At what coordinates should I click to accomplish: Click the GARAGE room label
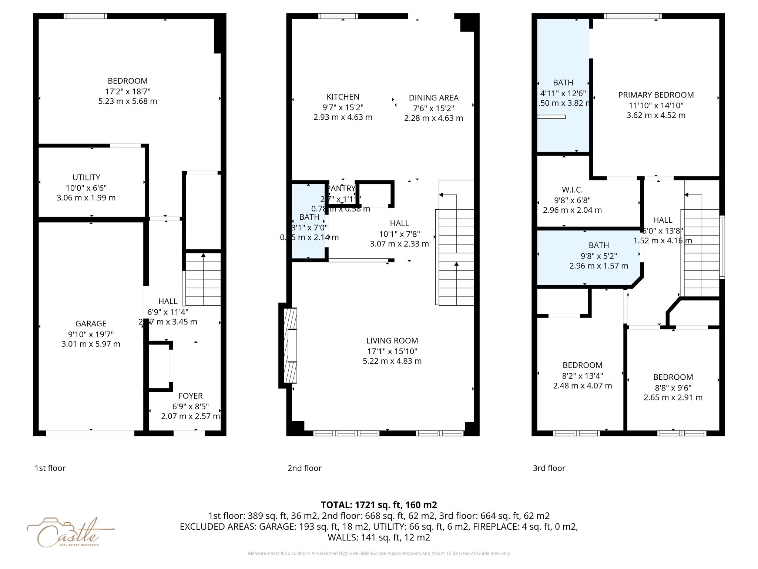pyautogui.click(x=91, y=323)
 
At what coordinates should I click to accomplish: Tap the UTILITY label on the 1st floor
pyautogui.click(x=86, y=177)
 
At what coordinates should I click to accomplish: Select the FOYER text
pyautogui.click(x=190, y=396)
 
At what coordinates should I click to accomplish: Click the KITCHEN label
pyautogui.click(x=343, y=97)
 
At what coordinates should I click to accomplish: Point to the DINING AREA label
pyautogui.click(x=433, y=98)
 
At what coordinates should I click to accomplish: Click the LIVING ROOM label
pyautogui.click(x=392, y=341)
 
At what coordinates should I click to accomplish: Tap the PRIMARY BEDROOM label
pyautogui.click(x=656, y=95)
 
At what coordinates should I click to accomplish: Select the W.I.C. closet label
pyautogui.click(x=572, y=190)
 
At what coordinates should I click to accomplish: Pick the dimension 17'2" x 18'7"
pyautogui.click(x=127, y=91)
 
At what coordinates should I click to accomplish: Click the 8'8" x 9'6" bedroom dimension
pyautogui.click(x=673, y=387)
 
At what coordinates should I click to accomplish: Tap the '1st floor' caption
pyautogui.click(x=50, y=468)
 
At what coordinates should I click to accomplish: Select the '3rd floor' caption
pyautogui.click(x=549, y=468)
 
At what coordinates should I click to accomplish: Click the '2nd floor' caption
pyautogui.click(x=304, y=468)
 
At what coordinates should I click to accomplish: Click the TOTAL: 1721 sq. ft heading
pyautogui.click(x=379, y=505)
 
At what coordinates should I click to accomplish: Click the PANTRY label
pyautogui.click(x=341, y=189)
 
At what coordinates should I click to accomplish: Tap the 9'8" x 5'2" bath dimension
pyautogui.click(x=598, y=256)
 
